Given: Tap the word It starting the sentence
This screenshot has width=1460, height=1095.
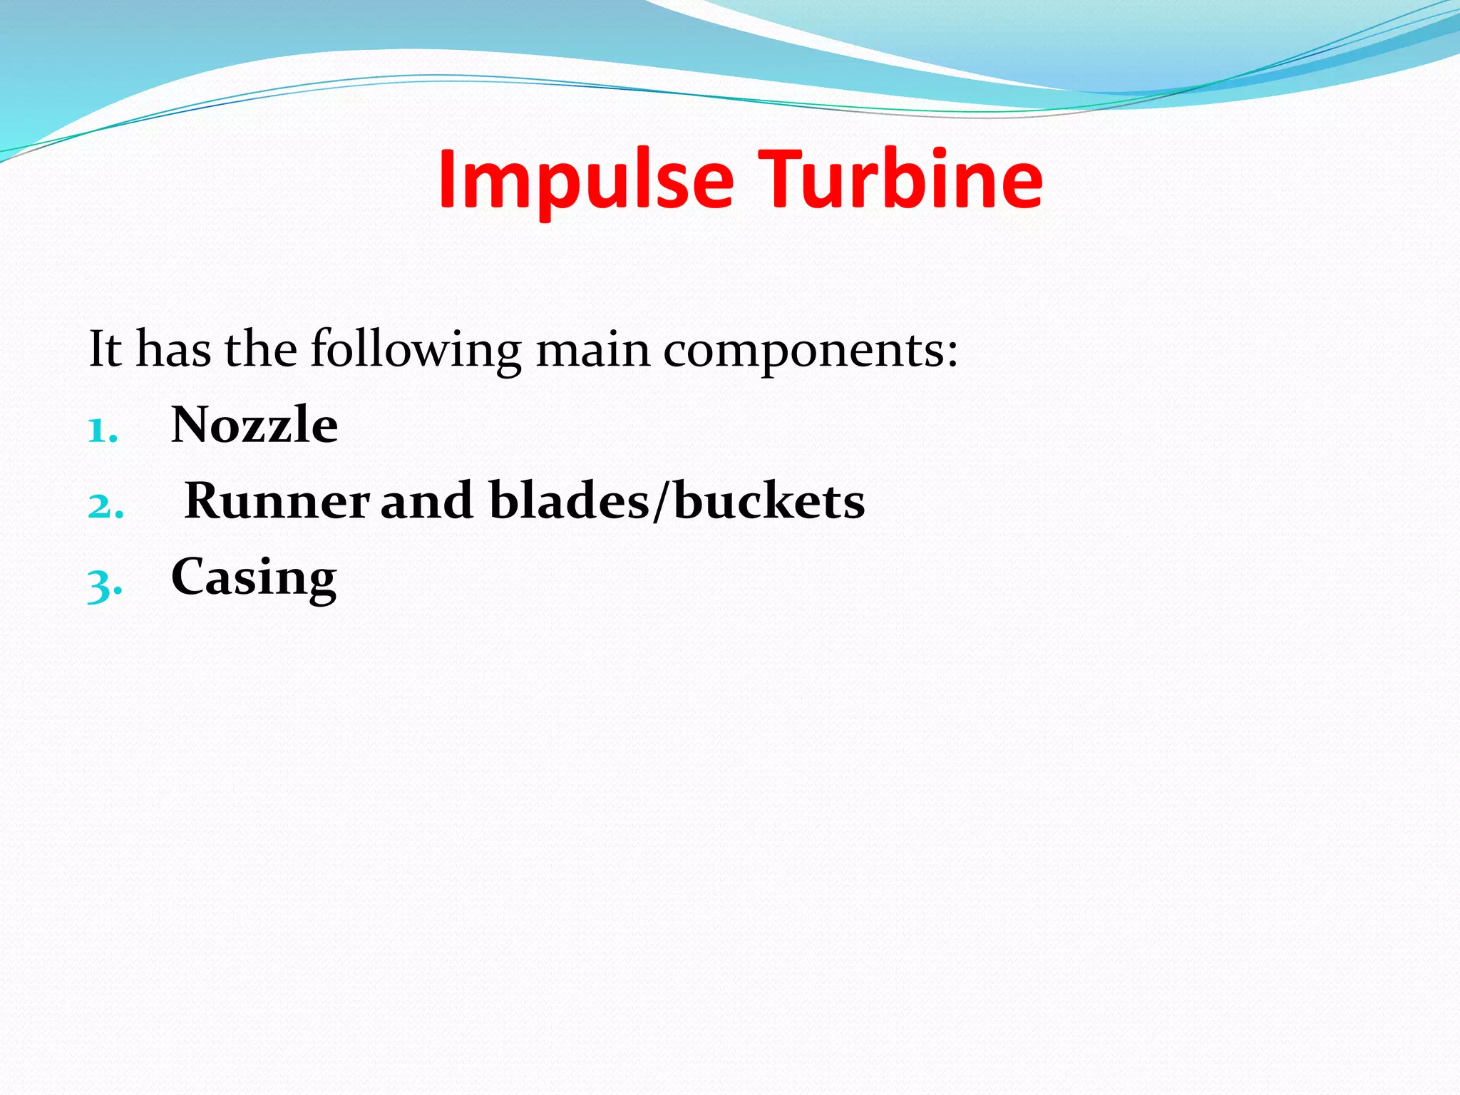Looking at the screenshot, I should (x=105, y=349).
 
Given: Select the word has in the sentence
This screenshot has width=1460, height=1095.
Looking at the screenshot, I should (x=173, y=349).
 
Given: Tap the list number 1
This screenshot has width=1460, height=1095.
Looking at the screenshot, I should (x=101, y=431).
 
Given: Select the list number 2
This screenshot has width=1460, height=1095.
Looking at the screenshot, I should (x=104, y=506).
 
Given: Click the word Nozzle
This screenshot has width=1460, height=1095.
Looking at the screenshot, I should (x=255, y=425).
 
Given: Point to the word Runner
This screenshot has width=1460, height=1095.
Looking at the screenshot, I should (x=277, y=500).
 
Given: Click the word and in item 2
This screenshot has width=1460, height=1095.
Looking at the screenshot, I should (x=426, y=500).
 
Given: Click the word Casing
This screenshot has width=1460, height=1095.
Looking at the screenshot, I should (x=253, y=577).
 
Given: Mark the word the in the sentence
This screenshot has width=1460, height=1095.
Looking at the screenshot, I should (x=260, y=349).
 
